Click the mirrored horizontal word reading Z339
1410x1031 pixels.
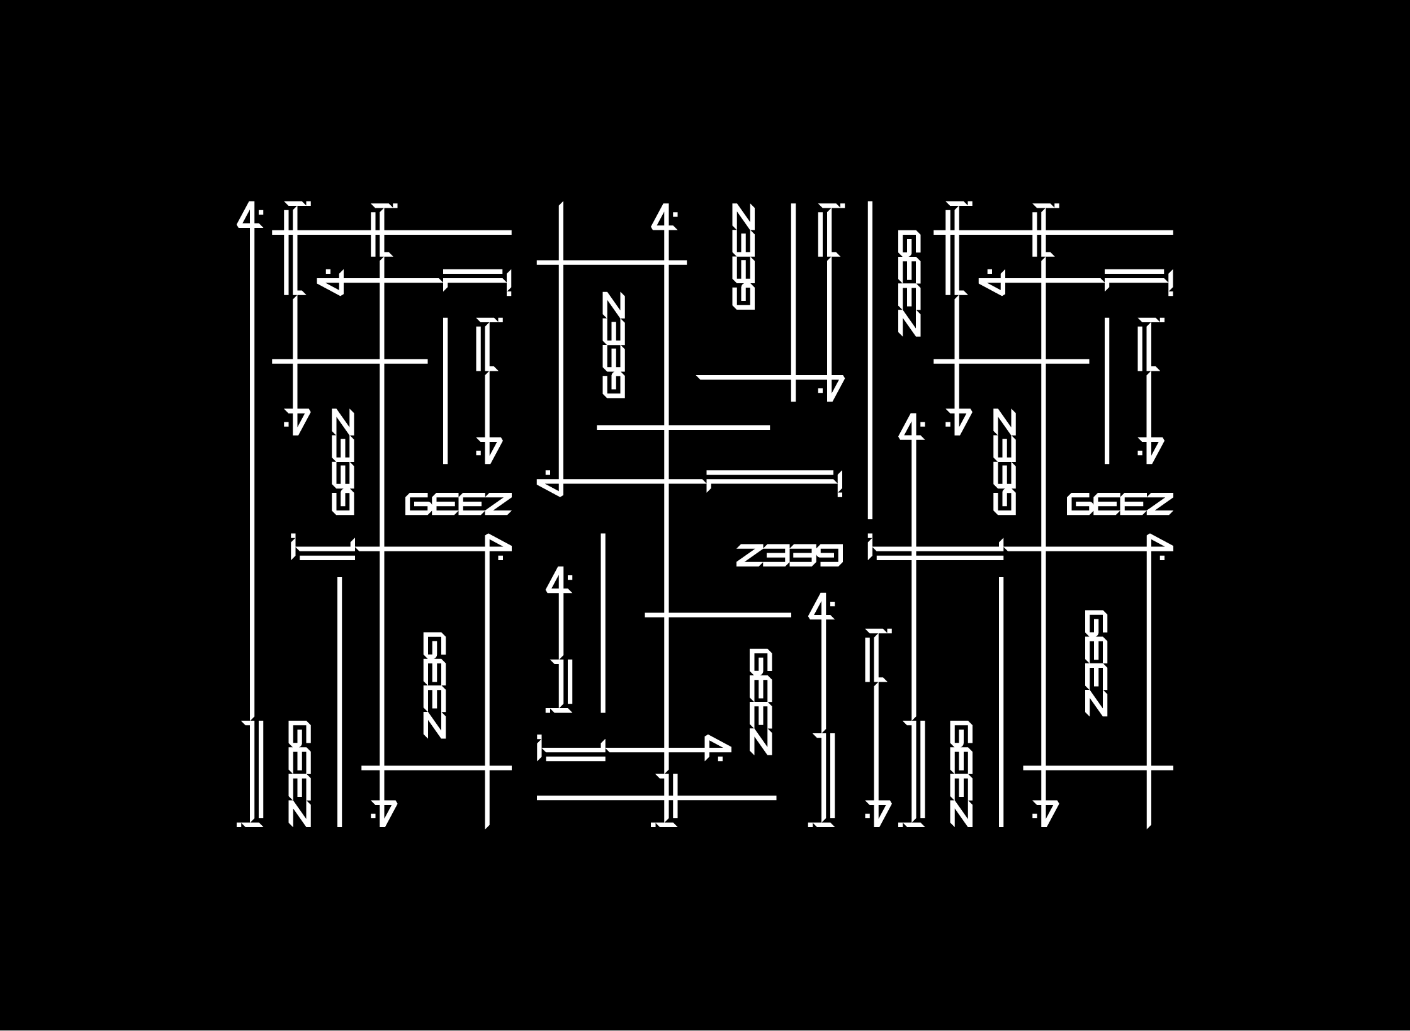(789, 555)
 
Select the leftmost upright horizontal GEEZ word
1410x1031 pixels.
(458, 504)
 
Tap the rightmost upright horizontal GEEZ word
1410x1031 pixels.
(1119, 504)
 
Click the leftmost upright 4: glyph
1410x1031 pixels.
(250, 215)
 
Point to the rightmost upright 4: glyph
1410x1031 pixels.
(911, 426)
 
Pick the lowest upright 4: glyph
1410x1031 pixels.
(821, 606)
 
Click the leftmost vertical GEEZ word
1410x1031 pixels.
(300, 774)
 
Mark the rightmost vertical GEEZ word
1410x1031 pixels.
(1096, 663)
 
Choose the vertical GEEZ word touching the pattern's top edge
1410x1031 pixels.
(743, 256)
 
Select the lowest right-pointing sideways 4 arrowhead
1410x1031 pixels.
(716, 748)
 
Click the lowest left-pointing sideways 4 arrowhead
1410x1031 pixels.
(550, 485)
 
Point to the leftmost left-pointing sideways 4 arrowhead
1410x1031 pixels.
(330, 282)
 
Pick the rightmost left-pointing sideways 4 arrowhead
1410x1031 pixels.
(991, 282)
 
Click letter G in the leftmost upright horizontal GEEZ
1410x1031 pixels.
(417, 504)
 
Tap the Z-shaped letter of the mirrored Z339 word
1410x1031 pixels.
(749, 555)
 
